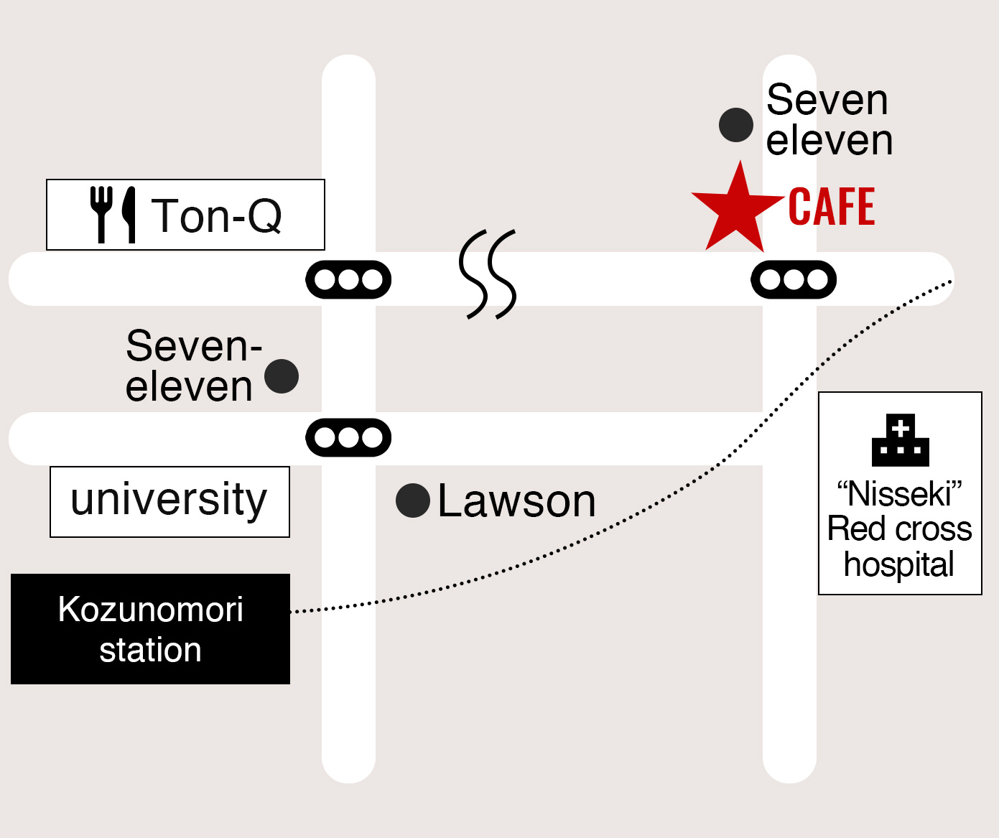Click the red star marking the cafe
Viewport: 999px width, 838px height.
pos(738,210)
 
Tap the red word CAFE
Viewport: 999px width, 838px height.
pos(832,207)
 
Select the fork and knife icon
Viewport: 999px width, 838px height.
pos(113,214)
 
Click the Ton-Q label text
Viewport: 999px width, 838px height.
pos(216,215)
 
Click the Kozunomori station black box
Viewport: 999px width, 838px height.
pos(150,629)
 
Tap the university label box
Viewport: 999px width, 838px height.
pos(169,501)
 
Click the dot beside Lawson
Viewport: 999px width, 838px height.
pos(413,501)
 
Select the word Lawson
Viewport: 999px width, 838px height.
pos(516,501)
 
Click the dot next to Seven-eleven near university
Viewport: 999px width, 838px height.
pos(282,376)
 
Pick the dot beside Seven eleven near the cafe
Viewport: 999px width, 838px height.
pos(736,125)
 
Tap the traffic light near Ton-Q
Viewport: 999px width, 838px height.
pos(348,279)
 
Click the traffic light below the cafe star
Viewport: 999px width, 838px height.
pos(794,279)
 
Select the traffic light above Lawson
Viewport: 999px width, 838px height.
pos(348,437)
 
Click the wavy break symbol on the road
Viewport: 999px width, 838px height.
pos(488,274)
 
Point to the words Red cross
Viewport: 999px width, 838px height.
pos(899,529)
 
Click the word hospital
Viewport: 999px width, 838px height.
pos(899,564)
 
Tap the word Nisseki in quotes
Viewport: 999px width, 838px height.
pos(899,494)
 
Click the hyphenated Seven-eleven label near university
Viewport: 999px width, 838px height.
pos(192,366)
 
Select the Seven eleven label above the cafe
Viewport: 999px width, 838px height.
pos(829,120)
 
